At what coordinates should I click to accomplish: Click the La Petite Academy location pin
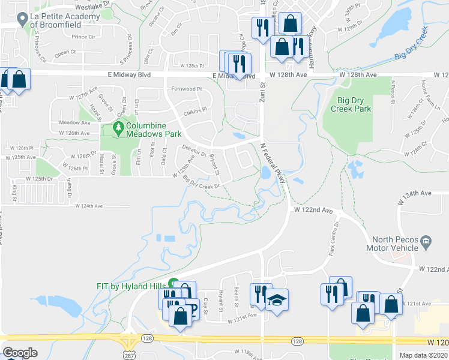(23, 21)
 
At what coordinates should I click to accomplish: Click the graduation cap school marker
(277, 299)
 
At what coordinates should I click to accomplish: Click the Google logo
(20, 353)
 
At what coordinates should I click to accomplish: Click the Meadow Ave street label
(74, 122)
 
